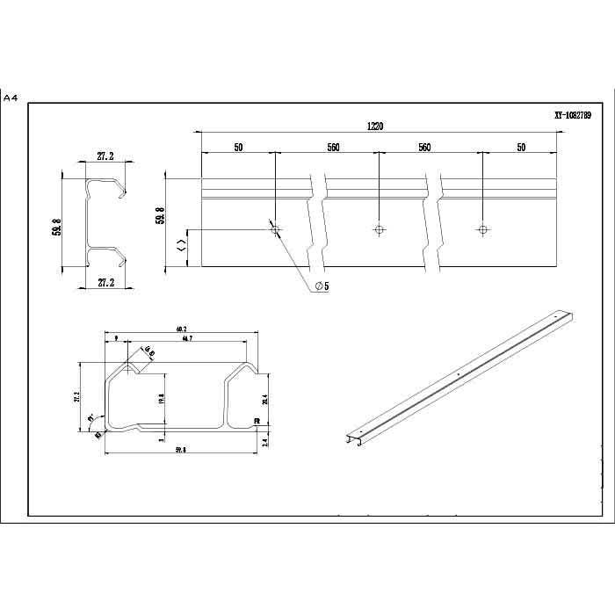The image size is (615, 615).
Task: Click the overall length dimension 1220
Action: coord(375,127)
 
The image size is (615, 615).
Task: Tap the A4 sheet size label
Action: coord(11,98)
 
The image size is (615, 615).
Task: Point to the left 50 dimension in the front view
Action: coord(238,148)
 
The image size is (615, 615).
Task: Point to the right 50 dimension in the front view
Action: coord(520,148)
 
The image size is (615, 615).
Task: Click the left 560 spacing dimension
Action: coord(333,148)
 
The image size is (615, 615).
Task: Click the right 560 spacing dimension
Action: coord(424,148)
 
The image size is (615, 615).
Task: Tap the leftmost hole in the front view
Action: coord(275,229)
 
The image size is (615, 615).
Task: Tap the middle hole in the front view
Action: coord(379,229)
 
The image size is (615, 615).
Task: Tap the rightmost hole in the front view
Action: coord(481,229)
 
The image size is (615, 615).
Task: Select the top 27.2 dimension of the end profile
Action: coord(105,156)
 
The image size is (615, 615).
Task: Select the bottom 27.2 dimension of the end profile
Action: coord(105,283)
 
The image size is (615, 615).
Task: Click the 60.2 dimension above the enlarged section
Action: coord(182,329)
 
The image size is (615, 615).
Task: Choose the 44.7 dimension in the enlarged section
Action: coord(187,338)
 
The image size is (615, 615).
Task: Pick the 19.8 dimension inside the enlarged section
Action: coord(161,398)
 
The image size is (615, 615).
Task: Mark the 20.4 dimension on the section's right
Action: coord(264,400)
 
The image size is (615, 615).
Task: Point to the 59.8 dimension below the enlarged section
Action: coord(182,450)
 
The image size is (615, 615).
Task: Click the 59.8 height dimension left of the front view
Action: coord(160,215)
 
